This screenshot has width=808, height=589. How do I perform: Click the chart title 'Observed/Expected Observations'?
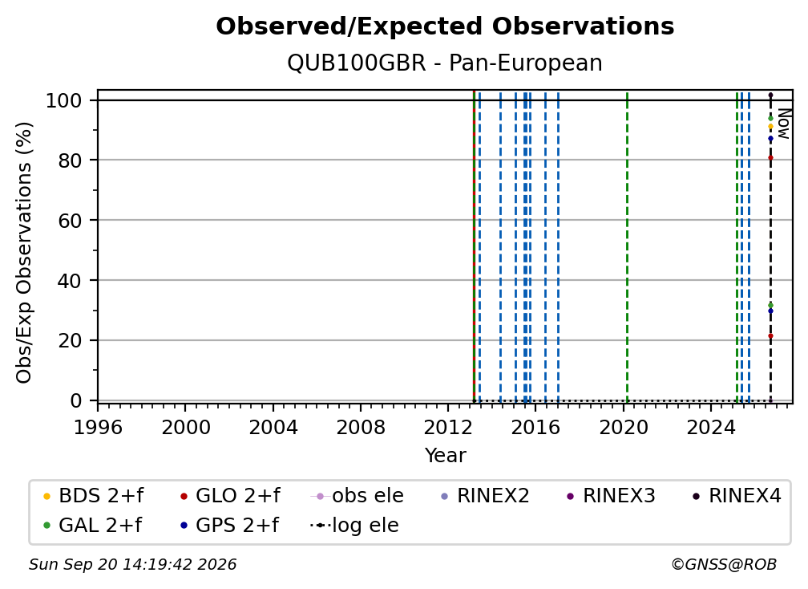click(445, 26)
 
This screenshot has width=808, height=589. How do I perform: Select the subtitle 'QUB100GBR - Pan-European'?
click(445, 63)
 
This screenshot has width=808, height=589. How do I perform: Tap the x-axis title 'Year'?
click(445, 456)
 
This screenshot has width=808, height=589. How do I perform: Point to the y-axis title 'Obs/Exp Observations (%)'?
click(24, 253)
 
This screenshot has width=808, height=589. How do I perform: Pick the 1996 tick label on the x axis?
click(98, 428)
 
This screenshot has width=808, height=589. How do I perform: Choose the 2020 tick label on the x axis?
click(623, 428)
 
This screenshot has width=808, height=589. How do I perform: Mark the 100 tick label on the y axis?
click(64, 100)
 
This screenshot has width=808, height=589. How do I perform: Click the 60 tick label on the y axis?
click(70, 221)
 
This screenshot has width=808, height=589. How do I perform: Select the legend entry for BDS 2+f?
click(93, 496)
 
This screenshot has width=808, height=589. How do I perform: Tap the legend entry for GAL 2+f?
click(92, 526)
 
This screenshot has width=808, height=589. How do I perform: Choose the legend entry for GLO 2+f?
click(230, 496)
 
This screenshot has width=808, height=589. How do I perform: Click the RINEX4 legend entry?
click(737, 496)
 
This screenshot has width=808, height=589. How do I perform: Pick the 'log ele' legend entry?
click(354, 526)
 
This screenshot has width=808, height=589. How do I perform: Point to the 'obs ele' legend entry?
click(358, 496)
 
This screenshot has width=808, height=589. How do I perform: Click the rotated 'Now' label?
click(783, 124)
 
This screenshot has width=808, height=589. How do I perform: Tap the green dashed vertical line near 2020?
click(627, 246)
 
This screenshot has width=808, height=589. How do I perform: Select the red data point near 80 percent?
click(770, 158)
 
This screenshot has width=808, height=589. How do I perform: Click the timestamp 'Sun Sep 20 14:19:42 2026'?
click(132, 565)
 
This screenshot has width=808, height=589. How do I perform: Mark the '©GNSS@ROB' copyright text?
click(724, 565)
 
